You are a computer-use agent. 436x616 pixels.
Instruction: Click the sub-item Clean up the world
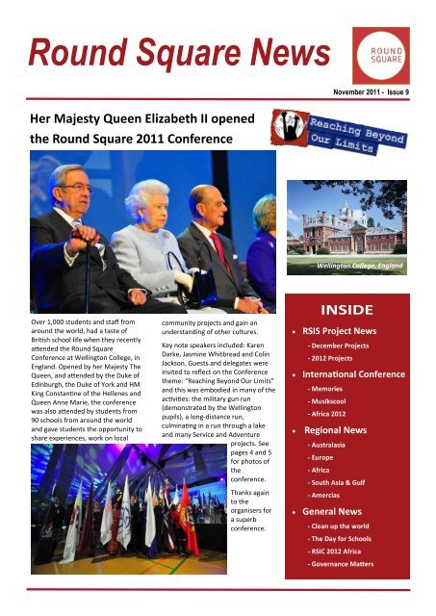tap(343, 529)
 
